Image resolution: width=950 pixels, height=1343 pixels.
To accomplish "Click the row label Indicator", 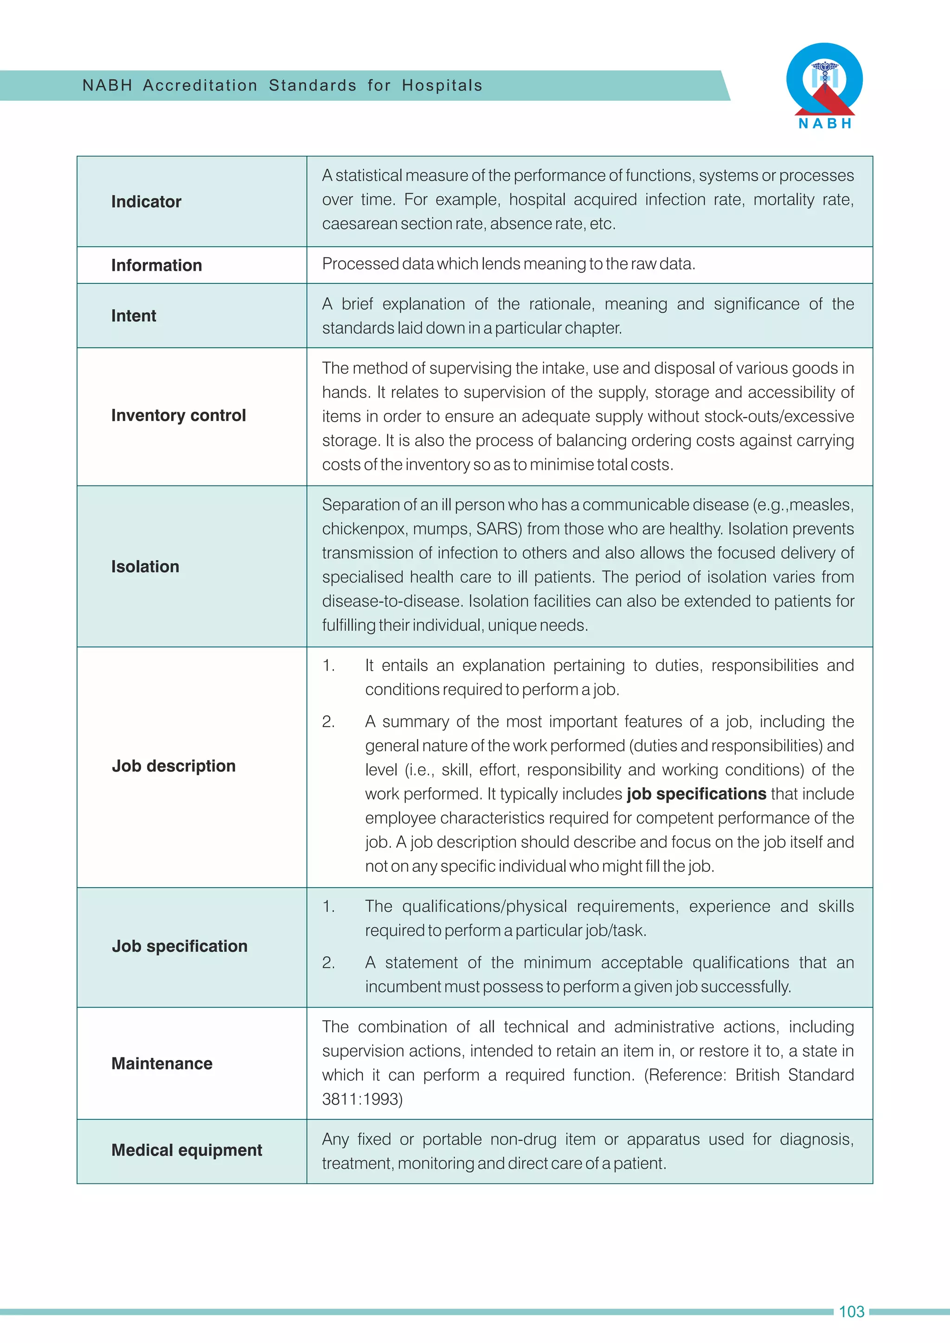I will pyautogui.click(x=146, y=202).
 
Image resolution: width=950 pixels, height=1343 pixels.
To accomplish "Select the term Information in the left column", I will pyautogui.click(x=156, y=266).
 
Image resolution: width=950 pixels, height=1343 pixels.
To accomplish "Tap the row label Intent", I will pyautogui.click(x=134, y=316).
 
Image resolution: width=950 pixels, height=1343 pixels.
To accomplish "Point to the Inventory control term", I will pyautogui.click(x=179, y=416).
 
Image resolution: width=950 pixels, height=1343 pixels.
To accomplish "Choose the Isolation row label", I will pyautogui.click(x=145, y=567).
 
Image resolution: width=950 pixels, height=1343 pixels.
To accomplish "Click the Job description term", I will pyautogui.click(x=174, y=766).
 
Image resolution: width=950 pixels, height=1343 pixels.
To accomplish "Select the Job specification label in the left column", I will pyautogui.click(x=180, y=946).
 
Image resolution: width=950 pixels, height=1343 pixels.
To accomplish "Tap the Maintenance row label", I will pyautogui.click(x=162, y=1063).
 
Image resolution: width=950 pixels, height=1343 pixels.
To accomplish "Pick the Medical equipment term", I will pyautogui.click(x=186, y=1150).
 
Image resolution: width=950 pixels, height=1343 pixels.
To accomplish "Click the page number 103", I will pyautogui.click(x=851, y=1312).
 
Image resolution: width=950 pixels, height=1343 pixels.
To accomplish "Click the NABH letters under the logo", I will pyautogui.click(x=825, y=123).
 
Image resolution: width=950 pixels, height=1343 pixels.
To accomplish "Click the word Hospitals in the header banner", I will pyautogui.click(x=442, y=85).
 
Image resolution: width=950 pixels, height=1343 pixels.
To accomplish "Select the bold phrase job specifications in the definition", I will pyautogui.click(x=696, y=794).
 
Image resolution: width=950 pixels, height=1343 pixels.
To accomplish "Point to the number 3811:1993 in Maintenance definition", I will pyautogui.click(x=362, y=1099).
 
